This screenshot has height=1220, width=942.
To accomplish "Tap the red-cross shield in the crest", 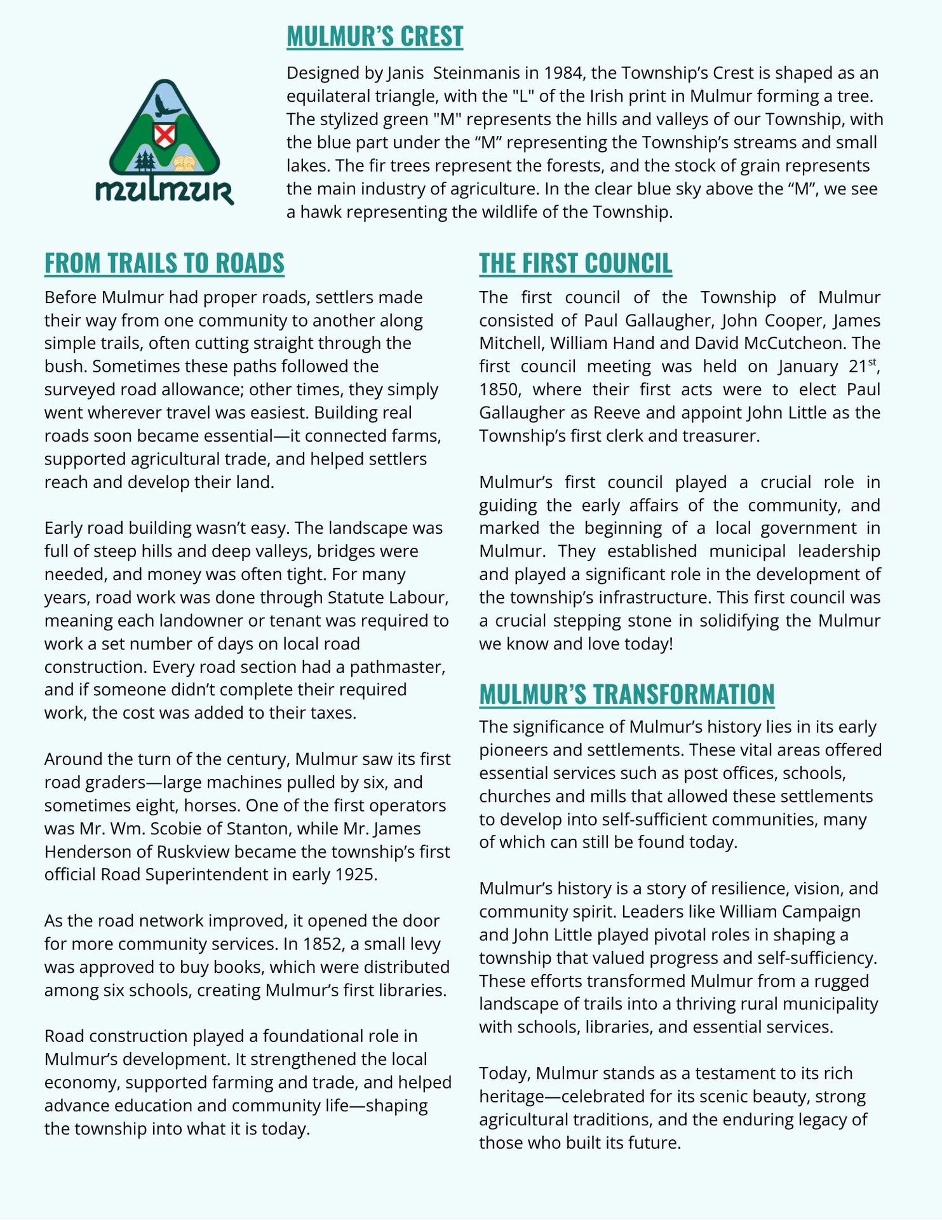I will (x=165, y=135).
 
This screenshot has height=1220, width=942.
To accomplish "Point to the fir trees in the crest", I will (x=145, y=161).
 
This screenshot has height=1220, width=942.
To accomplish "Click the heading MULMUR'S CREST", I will (x=375, y=37).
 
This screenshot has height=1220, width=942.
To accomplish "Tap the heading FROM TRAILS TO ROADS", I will (x=164, y=263).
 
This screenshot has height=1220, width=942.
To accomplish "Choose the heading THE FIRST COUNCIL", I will (x=575, y=263).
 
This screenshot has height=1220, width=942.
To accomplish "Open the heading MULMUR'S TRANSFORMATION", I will (x=626, y=694).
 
